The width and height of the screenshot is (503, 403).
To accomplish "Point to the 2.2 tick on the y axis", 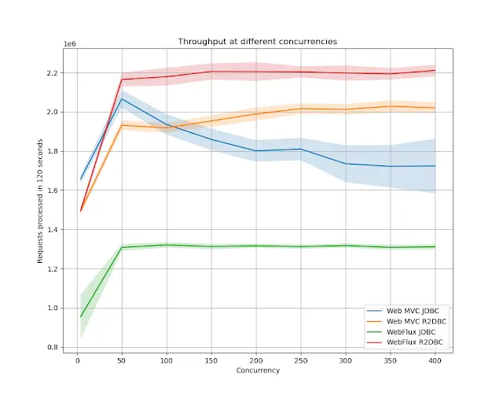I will [x=53, y=73].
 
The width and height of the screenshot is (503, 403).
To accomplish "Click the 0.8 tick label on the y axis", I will [x=53, y=347].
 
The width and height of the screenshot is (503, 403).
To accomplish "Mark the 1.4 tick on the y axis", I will [x=53, y=230].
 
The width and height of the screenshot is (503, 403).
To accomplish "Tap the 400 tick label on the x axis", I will [x=435, y=361].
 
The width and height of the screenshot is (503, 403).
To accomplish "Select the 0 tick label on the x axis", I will [x=77, y=361].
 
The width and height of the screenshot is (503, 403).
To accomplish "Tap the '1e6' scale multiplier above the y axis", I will [x=69, y=46].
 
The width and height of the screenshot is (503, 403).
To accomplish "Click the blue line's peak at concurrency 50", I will [x=122, y=99].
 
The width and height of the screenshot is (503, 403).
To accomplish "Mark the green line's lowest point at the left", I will [x=80, y=316].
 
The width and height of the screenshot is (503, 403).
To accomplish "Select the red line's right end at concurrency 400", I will [x=435, y=70].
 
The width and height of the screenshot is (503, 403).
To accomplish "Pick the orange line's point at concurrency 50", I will [x=122, y=125].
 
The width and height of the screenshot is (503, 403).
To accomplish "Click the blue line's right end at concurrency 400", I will [x=435, y=165].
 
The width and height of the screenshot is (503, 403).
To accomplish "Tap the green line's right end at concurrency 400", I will [x=435, y=246].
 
